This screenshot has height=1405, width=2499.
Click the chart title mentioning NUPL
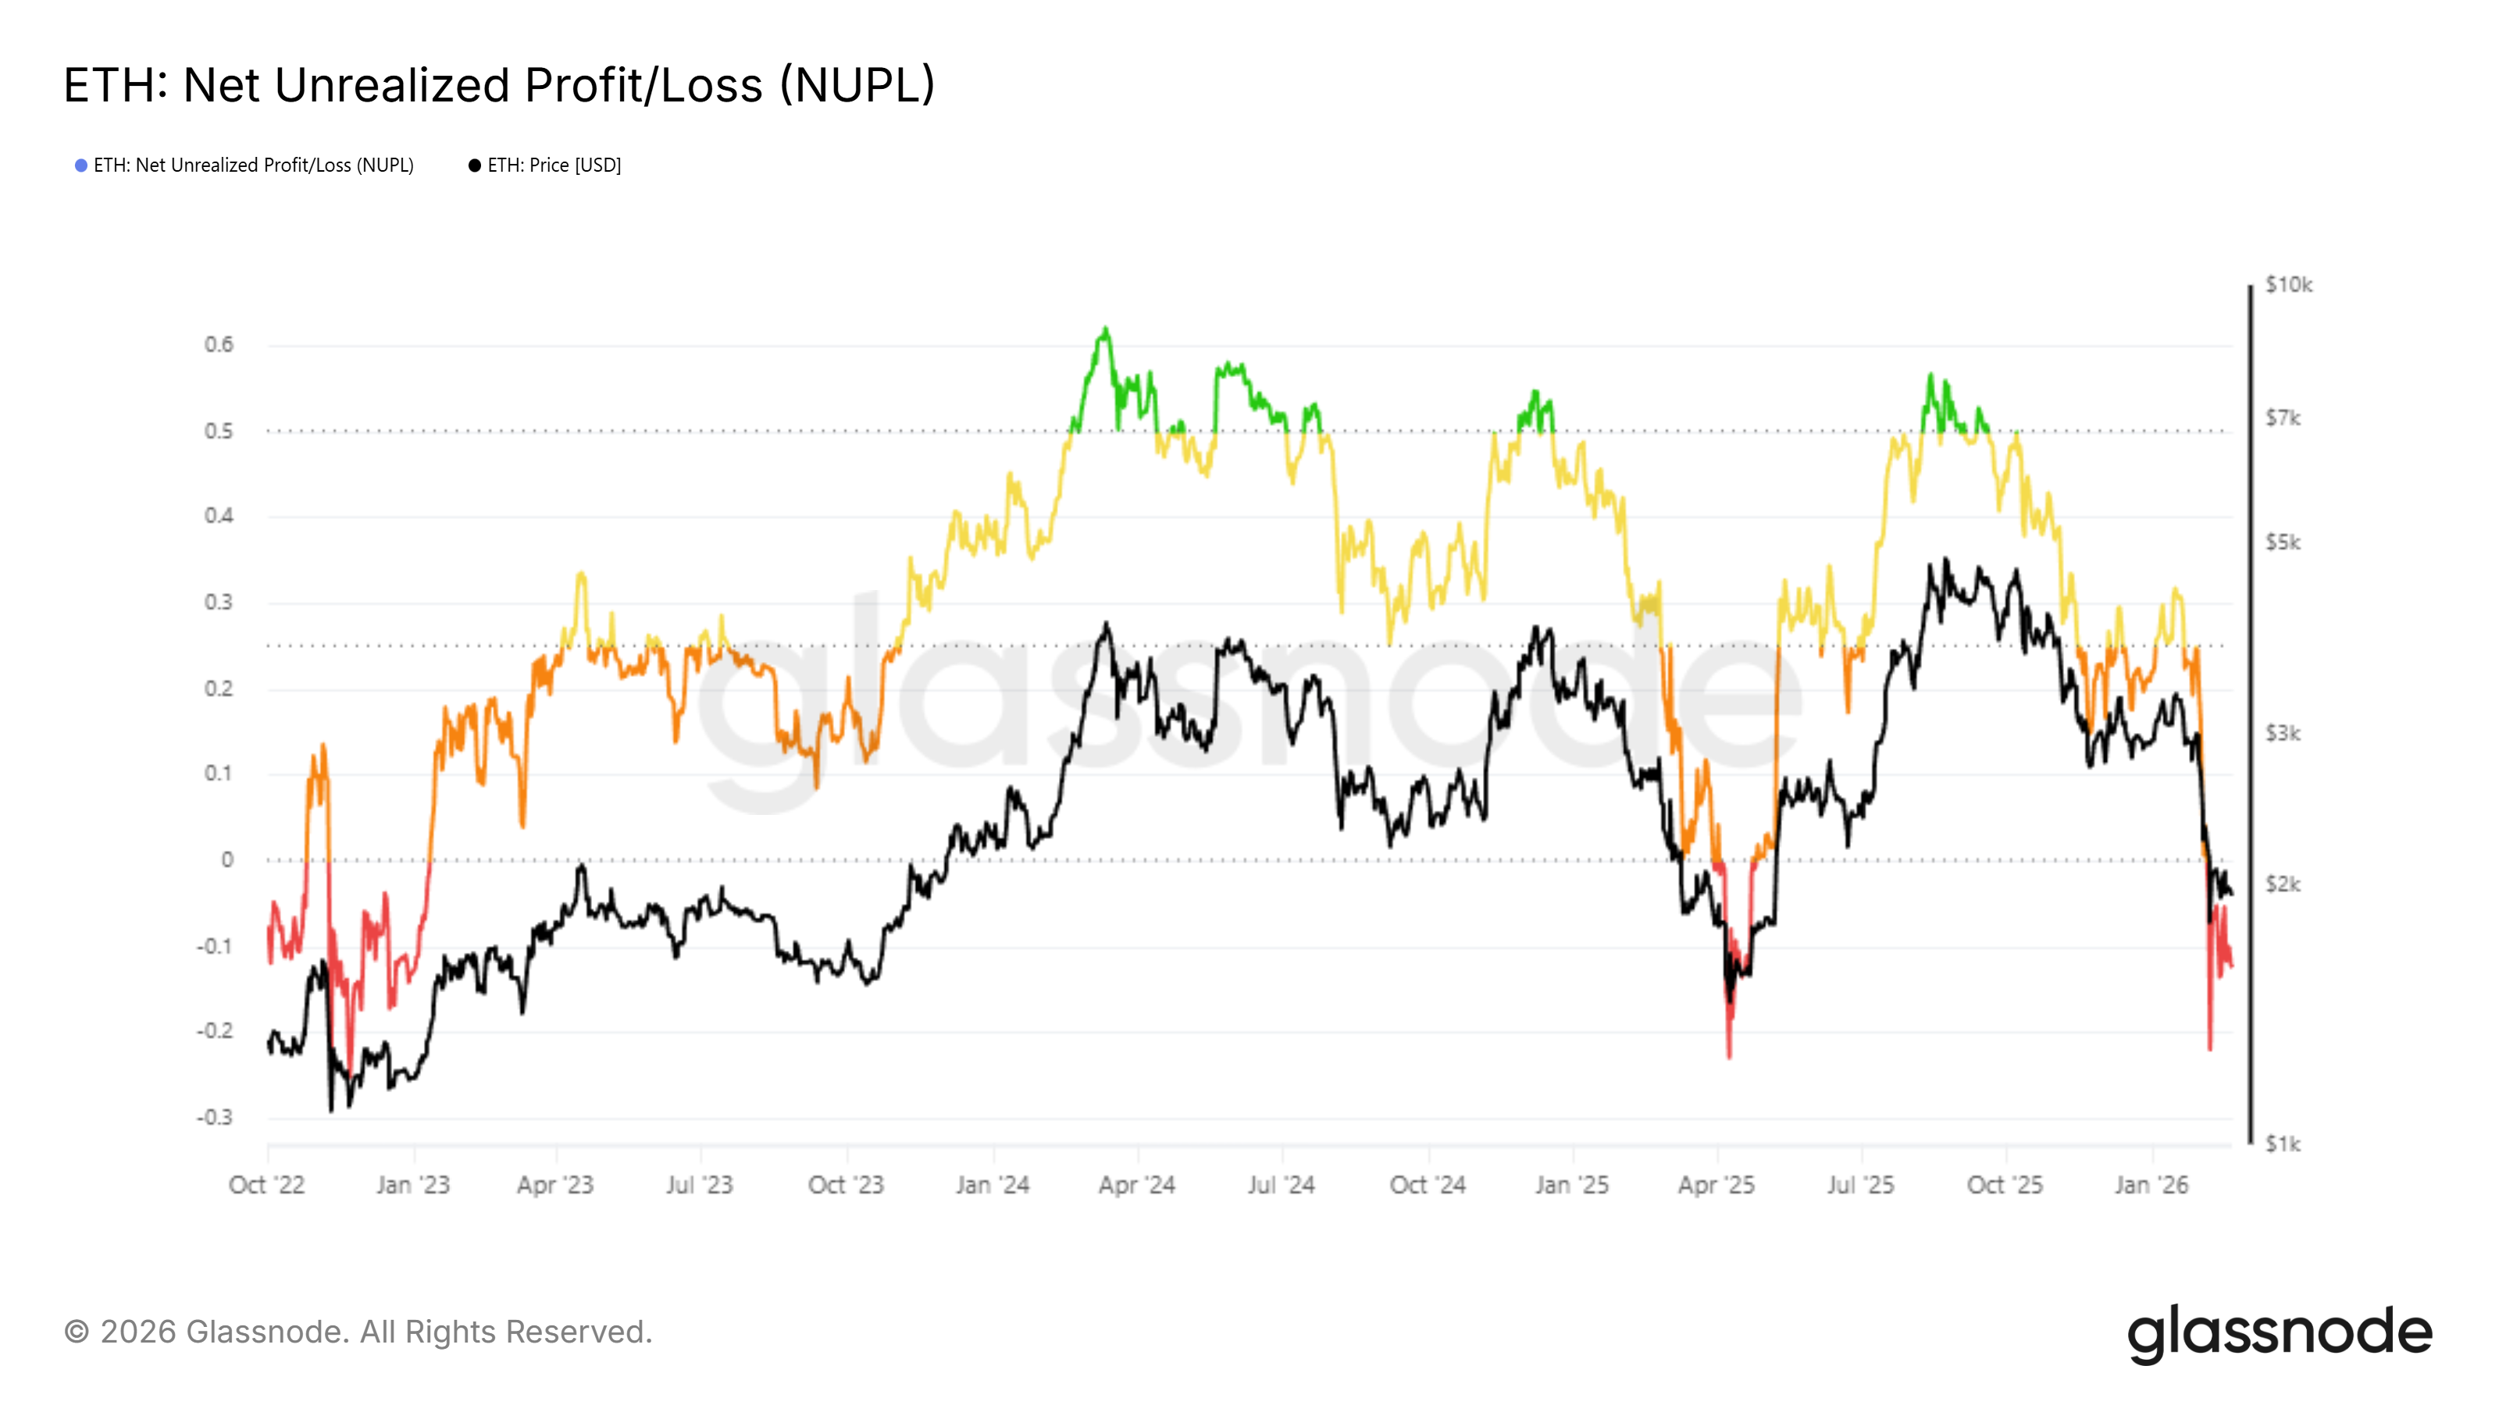[499, 85]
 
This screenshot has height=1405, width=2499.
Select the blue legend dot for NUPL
[81, 165]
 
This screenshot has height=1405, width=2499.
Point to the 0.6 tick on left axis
[219, 345]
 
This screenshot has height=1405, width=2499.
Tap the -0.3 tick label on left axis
[216, 1117]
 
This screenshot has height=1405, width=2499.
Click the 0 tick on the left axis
[227, 860]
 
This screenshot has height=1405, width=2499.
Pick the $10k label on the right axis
[2287, 285]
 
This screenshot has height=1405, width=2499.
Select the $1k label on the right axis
[2282, 1144]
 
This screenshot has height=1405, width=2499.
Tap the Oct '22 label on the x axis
[267, 1185]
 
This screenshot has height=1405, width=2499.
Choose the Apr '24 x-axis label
[1136, 1185]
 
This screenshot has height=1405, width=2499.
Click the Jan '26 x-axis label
[2151, 1185]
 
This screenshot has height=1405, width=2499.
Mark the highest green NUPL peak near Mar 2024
[1105, 329]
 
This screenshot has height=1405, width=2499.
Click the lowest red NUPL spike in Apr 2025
[1729, 1055]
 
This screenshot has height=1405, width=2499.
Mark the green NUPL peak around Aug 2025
[1930, 375]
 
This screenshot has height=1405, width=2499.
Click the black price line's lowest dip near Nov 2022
[331, 1108]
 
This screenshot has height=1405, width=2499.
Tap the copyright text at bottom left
[358, 1332]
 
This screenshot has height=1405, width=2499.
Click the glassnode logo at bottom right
[2279, 1333]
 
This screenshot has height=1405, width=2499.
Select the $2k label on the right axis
[2282, 884]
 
